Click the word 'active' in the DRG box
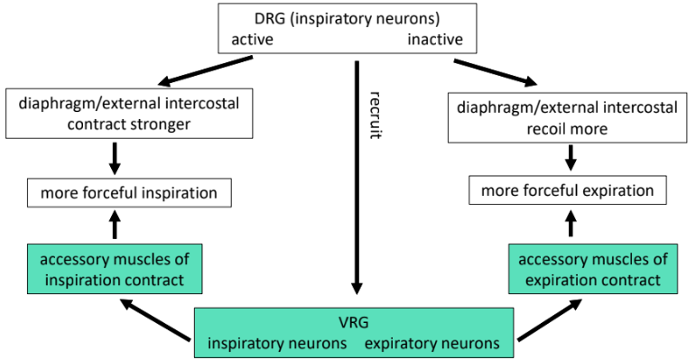click(x=253, y=40)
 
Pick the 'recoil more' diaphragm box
click(x=571, y=116)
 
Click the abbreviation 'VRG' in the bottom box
click(x=355, y=321)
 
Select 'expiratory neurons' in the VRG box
click(x=432, y=343)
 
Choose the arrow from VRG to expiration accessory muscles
click(x=552, y=321)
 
